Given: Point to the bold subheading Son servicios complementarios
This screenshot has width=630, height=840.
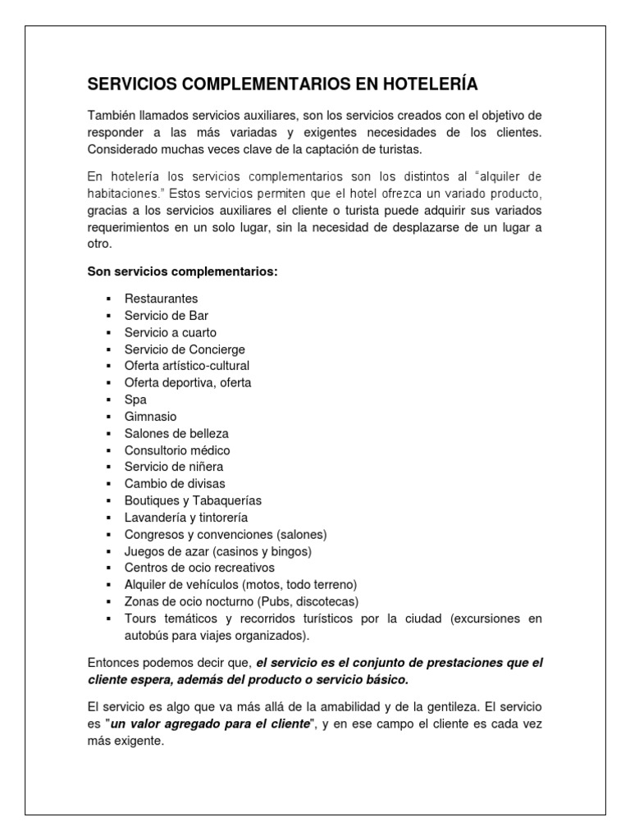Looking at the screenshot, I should click(x=183, y=272).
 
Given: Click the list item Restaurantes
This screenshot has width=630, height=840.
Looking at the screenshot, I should click(x=161, y=299).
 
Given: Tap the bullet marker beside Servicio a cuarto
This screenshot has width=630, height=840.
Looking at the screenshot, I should click(x=107, y=332).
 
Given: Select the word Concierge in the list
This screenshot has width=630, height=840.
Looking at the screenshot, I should click(x=217, y=349).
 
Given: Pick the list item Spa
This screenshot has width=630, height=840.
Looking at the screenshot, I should click(x=135, y=399).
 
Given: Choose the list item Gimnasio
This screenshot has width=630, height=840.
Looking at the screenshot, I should click(x=150, y=417).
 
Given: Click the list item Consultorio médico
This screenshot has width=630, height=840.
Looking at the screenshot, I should click(x=177, y=450).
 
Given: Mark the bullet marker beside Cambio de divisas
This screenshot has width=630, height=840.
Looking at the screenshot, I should click(x=107, y=484).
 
